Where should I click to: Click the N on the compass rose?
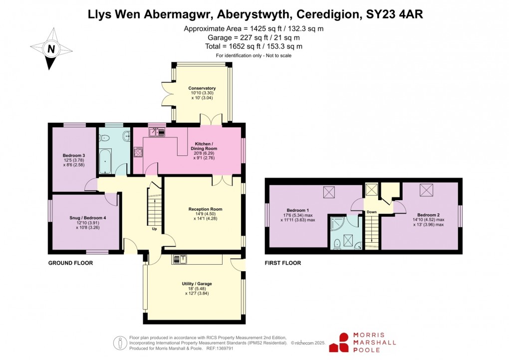click(x=50, y=48)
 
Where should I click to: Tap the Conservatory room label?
click(x=202, y=88)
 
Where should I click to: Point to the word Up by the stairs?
click(x=154, y=230)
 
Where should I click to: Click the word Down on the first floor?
click(x=371, y=212)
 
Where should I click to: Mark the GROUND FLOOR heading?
click(x=70, y=263)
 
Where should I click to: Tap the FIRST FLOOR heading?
click(x=283, y=263)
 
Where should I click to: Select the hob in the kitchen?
click(x=138, y=152)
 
